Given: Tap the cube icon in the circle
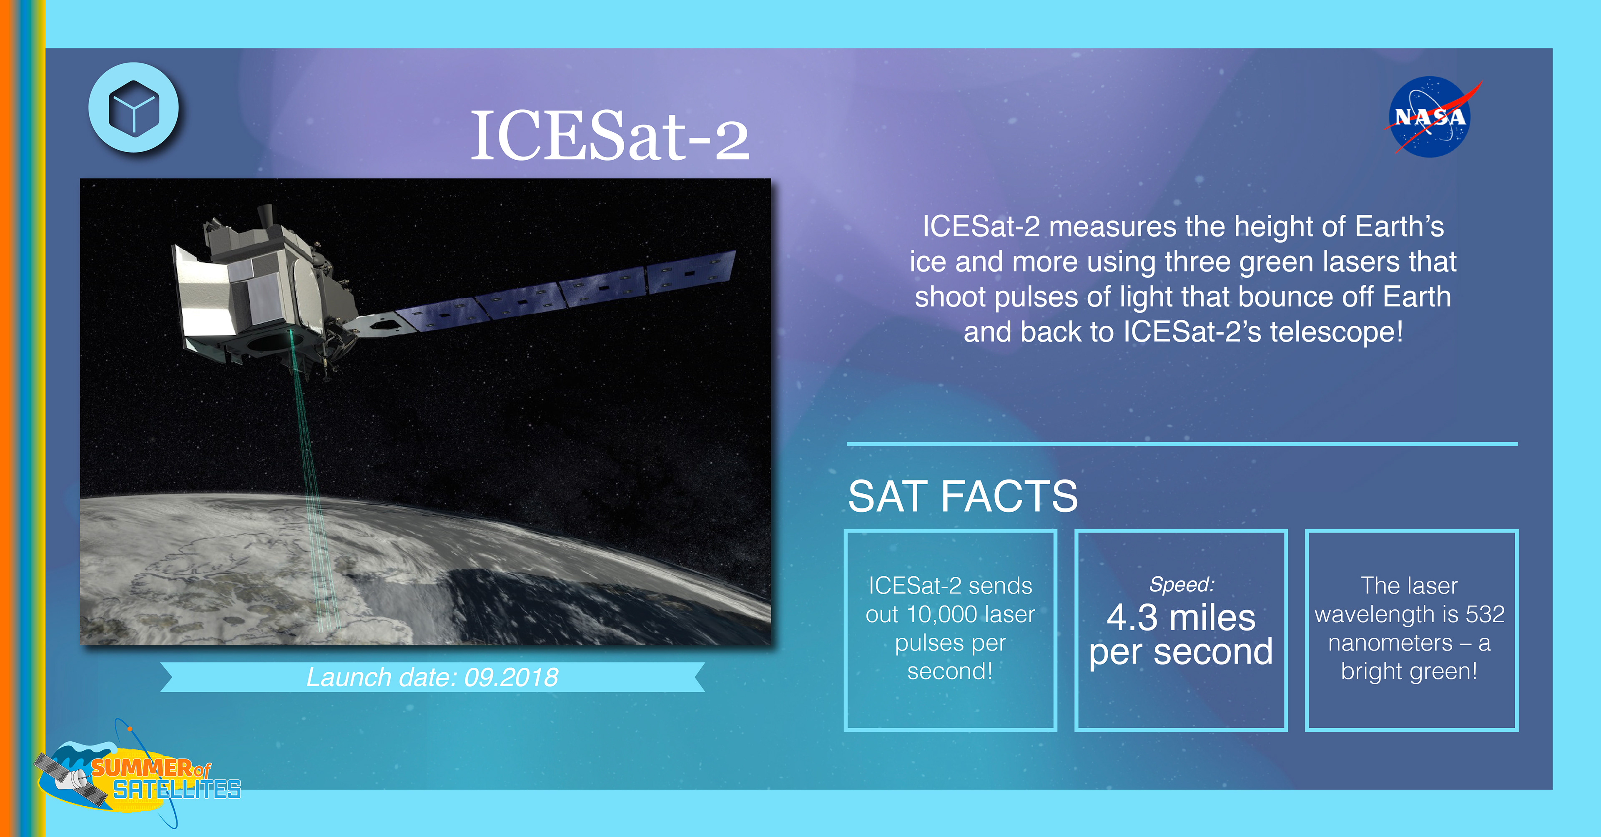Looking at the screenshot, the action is [133, 108].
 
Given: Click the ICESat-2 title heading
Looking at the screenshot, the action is [610, 135].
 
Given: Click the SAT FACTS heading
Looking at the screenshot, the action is [963, 496].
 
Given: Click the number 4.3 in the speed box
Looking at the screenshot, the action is [1132, 618].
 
